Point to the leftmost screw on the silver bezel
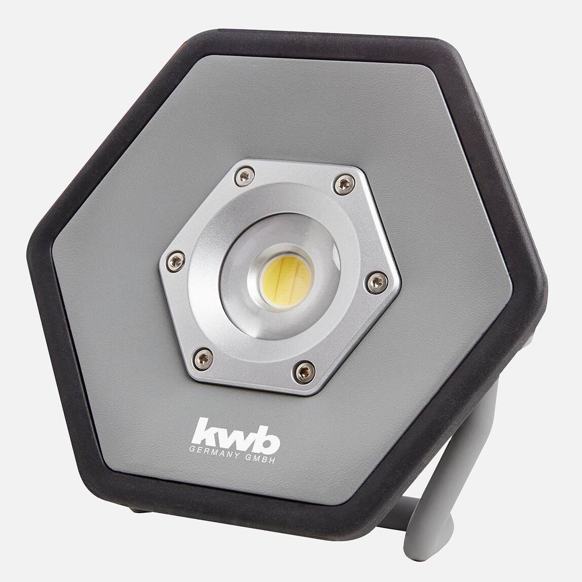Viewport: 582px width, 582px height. point(175,261)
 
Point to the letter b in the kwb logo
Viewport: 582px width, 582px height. point(267,439)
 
